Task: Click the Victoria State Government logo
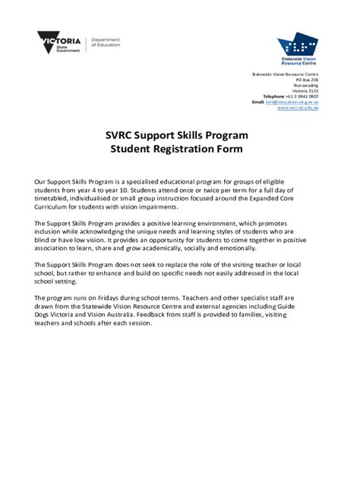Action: click(x=61, y=41)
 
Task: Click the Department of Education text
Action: click(x=106, y=42)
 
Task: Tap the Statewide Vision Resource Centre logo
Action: click(x=298, y=47)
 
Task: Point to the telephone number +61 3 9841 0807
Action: click(x=302, y=96)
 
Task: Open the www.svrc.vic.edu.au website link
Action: click(x=297, y=108)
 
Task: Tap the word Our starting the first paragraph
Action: click(x=41, y=184)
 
